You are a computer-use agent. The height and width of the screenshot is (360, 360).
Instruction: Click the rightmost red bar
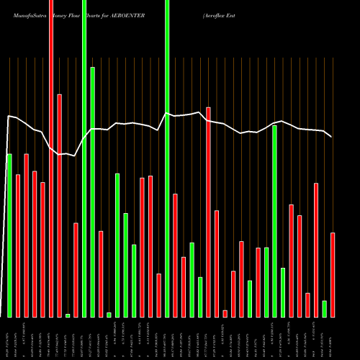(x=333, y=274)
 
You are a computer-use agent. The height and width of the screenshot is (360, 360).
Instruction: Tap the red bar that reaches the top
(x=51, y=158)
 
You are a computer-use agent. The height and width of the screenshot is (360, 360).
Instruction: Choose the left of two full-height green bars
(x=84, y=158)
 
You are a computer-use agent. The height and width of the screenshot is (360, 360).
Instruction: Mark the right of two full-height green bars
(x=167, y=158)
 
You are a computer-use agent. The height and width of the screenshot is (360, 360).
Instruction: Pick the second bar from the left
(x=18, y=246)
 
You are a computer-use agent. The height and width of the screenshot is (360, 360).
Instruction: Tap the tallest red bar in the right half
(x=208, y=212)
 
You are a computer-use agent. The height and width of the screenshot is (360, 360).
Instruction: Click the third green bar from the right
(x=275, y=221)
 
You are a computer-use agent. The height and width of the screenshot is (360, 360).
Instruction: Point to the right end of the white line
(x=331, y=137)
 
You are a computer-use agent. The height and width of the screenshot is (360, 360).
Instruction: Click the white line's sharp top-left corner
(x=9, y=116)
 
